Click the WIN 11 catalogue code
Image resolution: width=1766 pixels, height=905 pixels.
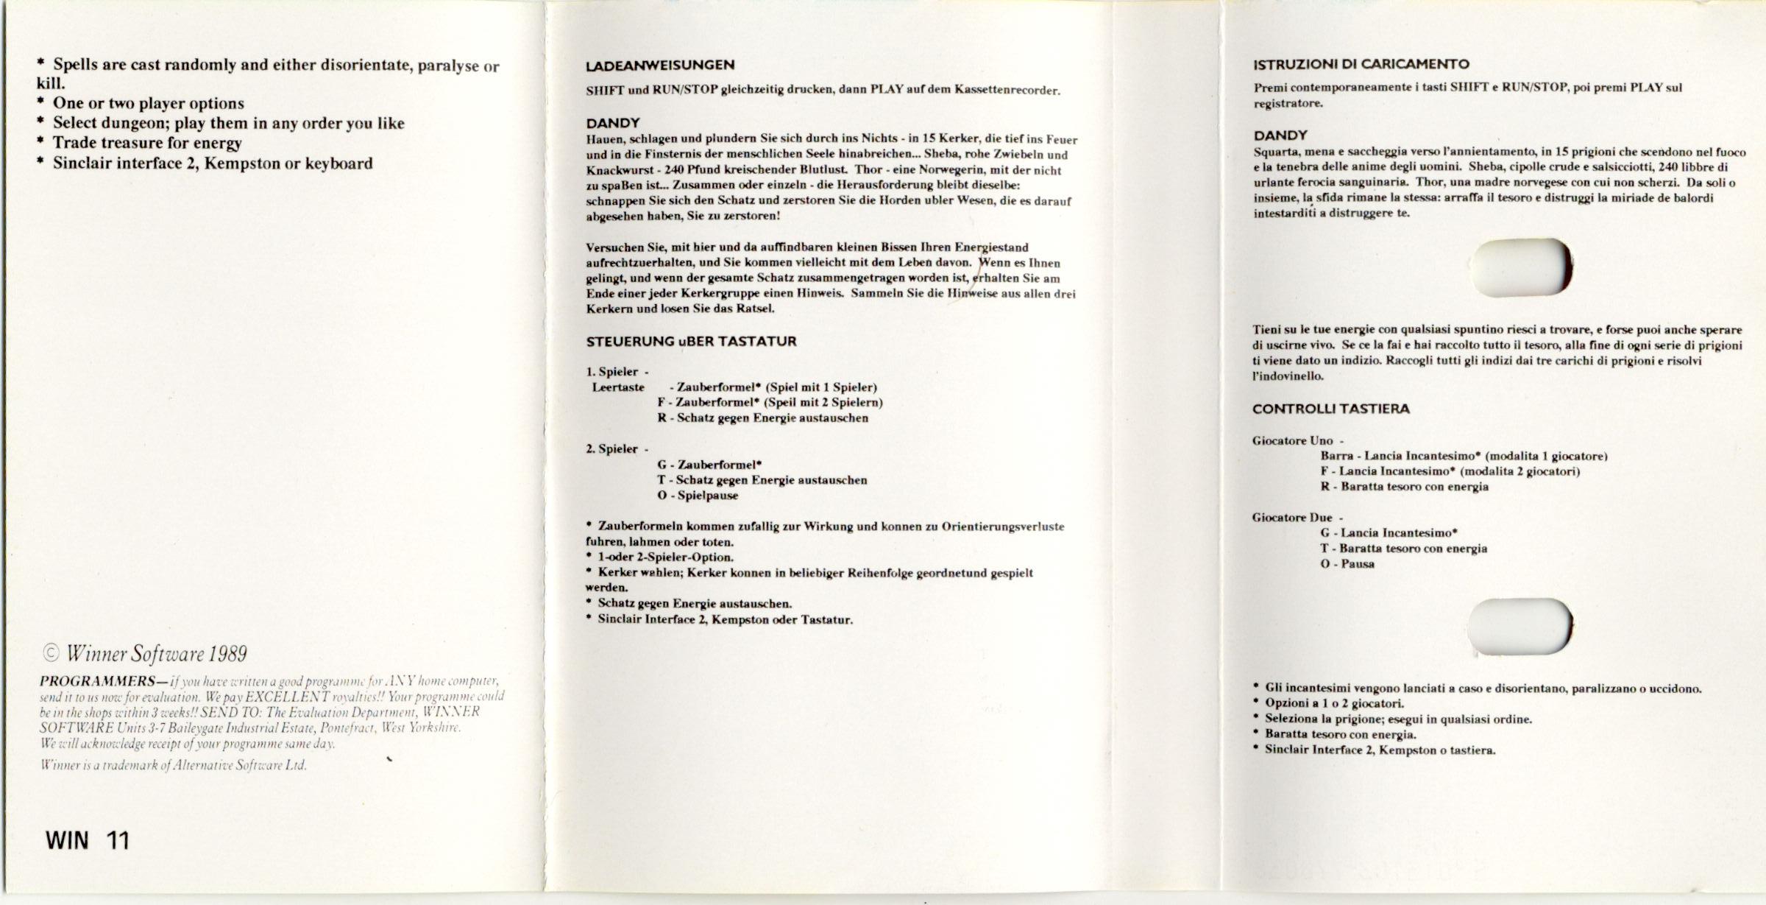(88, 840)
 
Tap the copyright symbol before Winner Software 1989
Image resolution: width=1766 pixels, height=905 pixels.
(51, 654)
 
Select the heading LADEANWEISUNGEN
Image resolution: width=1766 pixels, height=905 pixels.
(660, 66)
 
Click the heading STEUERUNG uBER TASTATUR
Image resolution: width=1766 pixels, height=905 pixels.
(691, 342)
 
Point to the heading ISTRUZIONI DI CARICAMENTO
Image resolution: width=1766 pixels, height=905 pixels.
(1361, 64)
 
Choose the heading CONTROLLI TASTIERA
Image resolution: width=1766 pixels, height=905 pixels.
(1330, 409)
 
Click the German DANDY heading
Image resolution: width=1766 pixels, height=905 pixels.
(613, 123)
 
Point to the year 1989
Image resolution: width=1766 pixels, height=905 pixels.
(227, 654)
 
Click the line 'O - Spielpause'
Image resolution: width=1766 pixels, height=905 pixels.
(698, 496)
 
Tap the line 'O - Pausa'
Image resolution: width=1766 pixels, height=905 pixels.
(1347, 564)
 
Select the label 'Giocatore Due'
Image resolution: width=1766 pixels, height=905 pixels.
(1292, 518)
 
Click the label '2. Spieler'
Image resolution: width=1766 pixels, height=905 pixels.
(612, 449)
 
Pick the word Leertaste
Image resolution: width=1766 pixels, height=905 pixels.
(618, 387)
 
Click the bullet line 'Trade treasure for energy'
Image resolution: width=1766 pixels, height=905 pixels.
(146, 143)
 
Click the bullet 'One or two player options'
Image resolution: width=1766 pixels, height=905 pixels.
(148, 103)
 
